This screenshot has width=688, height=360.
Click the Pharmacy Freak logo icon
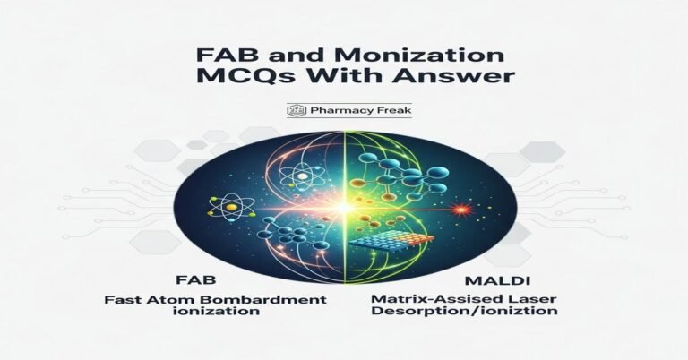click(x=290, y=111)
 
